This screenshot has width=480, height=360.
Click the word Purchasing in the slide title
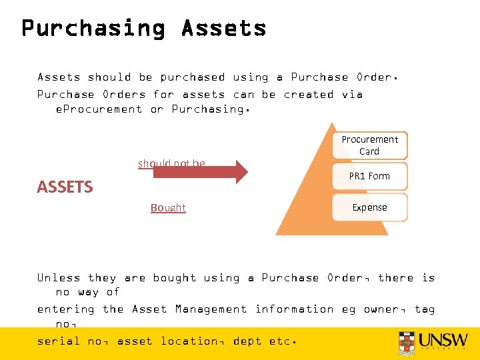(x=93, y=28)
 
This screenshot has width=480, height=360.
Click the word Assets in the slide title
(x=223, y=28)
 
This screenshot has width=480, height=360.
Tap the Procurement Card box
(x=369, y=145)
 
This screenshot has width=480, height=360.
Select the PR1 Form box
(x=369, y=176)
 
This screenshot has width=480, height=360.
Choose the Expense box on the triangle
(x=369, y=207)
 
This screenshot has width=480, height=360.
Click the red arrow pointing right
(x=200, y=172)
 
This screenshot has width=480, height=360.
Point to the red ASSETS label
(x=65, y=187)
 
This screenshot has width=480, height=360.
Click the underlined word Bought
(x=168, y=208)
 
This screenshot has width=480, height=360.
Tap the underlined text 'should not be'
(x=171, y=163)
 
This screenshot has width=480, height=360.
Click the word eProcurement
(x=99, y=109)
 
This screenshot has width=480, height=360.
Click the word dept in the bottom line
(x=247, y=341)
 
